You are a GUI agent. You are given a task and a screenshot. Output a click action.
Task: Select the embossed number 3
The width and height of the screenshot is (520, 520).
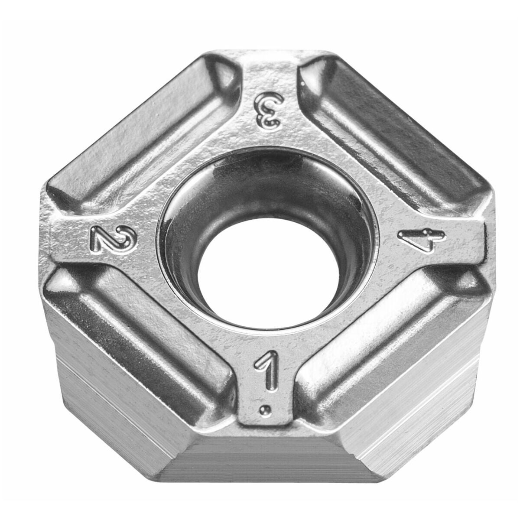269,110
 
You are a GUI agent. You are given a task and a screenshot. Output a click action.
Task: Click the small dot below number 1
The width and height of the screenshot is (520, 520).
264,416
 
